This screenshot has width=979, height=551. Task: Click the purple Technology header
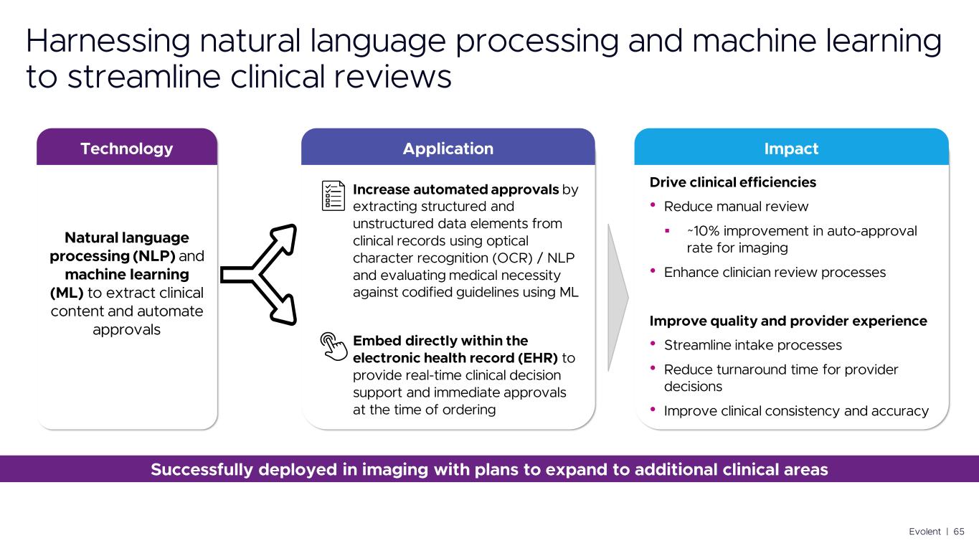coord(127,149)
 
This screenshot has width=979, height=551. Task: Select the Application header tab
coord(448,149)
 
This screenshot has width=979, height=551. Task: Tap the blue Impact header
coord(791,149)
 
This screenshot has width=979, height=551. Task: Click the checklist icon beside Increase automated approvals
coord(333,195)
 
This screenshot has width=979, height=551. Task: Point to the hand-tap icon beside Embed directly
coord(331,344)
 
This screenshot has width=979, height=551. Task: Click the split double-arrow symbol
coord(258,274)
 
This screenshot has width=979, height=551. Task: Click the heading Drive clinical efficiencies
coord(732,182)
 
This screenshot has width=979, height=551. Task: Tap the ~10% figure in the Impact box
coord(700,231)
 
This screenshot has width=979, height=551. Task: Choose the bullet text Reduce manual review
coord(736,207)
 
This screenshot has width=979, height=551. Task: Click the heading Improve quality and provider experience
coord(788,321)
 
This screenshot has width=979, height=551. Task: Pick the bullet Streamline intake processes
coord(752,345)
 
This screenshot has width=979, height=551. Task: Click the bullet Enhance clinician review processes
coord(775,273)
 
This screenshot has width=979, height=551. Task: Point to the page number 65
coord(958,532)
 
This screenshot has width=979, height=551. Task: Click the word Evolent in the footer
coord(924,532)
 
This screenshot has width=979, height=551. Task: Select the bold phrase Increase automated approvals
coord(456,189)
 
